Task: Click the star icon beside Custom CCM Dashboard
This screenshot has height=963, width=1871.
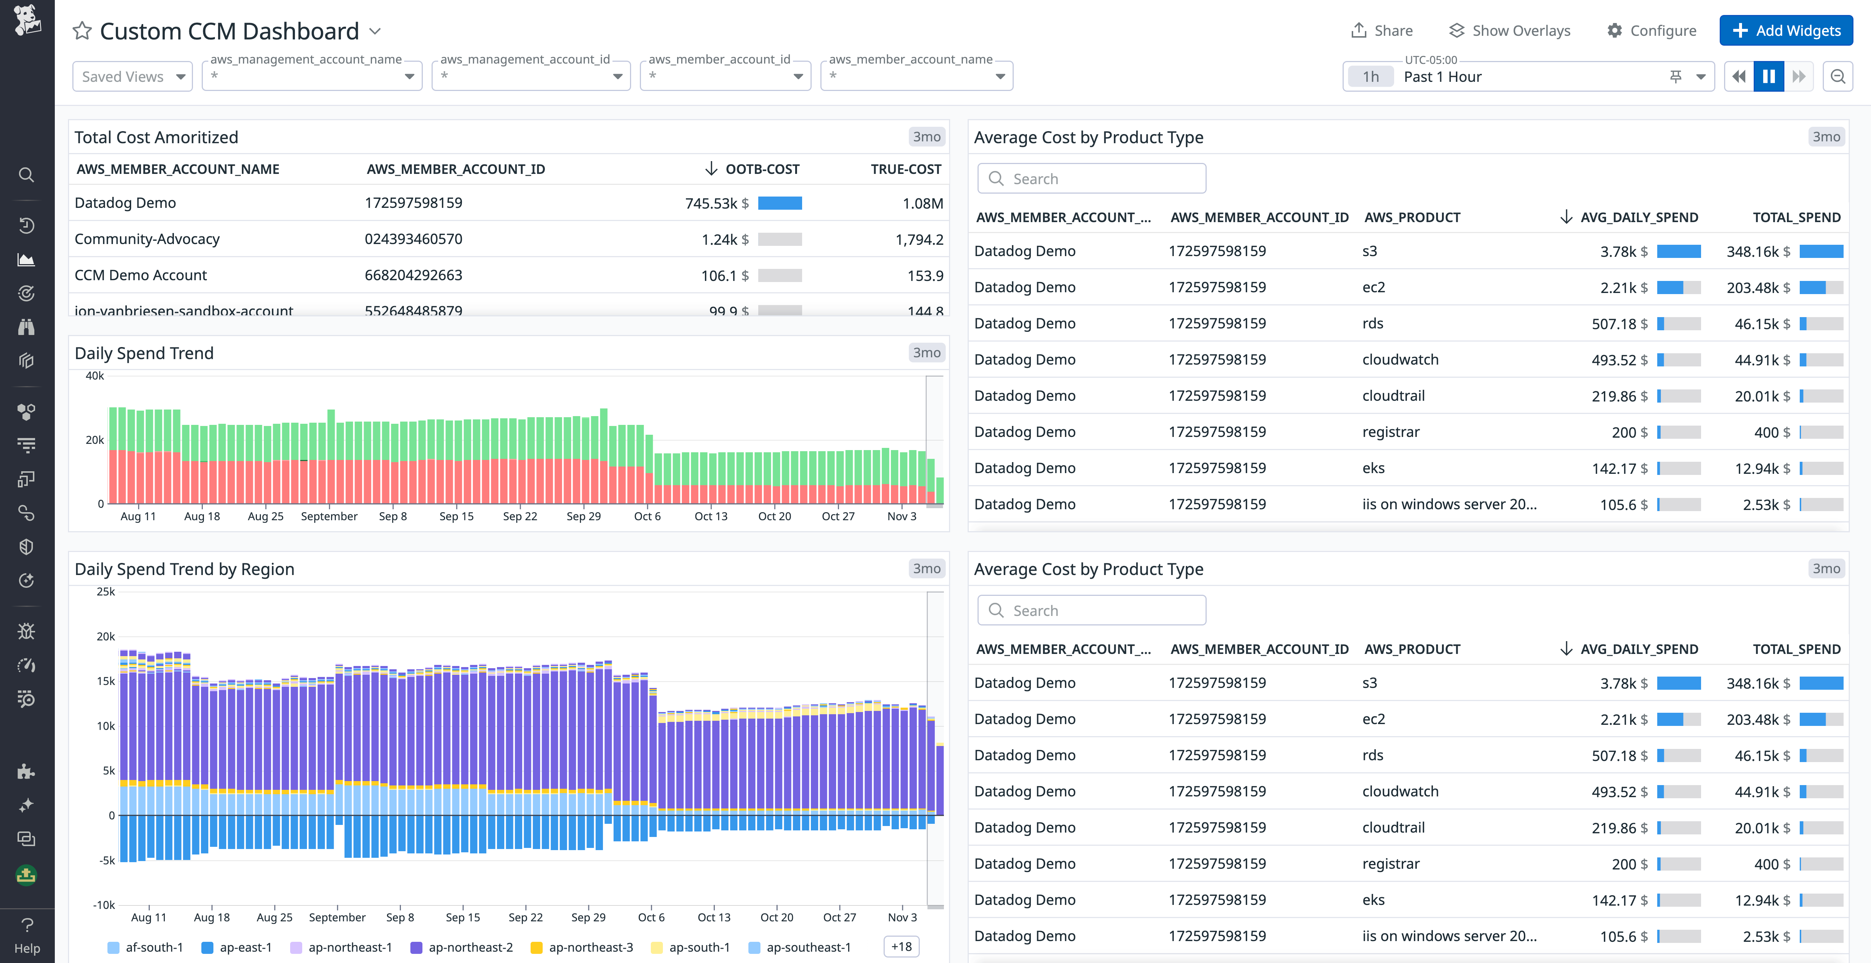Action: click(82, 31)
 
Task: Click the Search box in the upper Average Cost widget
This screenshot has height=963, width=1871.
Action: click(1092, 179)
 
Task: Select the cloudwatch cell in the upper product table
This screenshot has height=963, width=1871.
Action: click(1400, 359)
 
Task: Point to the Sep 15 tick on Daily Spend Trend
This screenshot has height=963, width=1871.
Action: click(456, 516)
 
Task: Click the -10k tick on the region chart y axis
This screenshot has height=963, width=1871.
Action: click(104, 905)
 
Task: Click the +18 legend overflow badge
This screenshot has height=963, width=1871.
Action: click(902, 947)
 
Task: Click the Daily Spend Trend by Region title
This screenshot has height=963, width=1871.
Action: click(185, 570)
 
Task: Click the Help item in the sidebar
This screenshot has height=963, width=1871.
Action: click(27, 935)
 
